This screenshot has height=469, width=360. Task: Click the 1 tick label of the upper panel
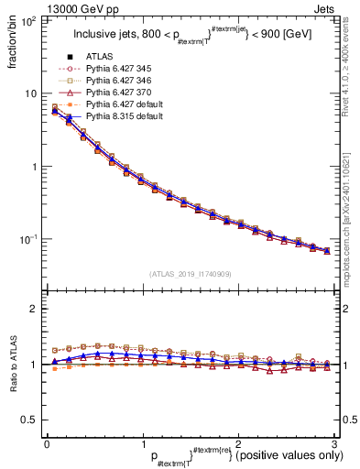pyautogui.click(x=35, y=167)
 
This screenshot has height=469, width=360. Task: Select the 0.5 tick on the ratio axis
pyautogui.click(x=29, y=420)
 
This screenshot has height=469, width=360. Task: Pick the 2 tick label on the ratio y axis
pyautogui.click(x=35, y=309)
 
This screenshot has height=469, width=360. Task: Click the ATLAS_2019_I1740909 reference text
pyautogui.click(x=190, y=275)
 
